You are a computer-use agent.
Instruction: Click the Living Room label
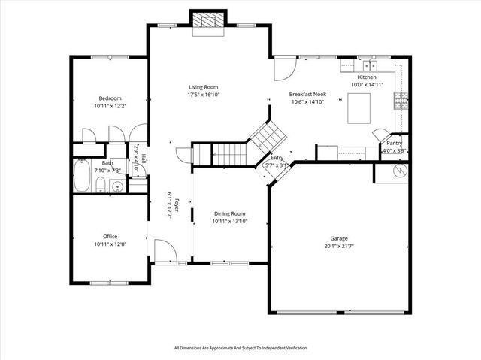203,87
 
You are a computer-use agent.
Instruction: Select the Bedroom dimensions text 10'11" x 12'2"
110,107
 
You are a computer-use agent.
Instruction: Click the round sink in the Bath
116,186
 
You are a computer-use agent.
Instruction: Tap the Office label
110,236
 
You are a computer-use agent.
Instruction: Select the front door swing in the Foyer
164,250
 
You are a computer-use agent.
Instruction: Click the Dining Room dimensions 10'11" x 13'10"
229,221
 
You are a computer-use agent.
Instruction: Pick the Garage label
339,238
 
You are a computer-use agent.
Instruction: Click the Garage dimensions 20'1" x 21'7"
339,246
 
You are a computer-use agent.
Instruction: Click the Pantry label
394,143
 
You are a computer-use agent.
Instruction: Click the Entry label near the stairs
277,158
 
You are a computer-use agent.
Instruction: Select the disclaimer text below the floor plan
240,348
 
